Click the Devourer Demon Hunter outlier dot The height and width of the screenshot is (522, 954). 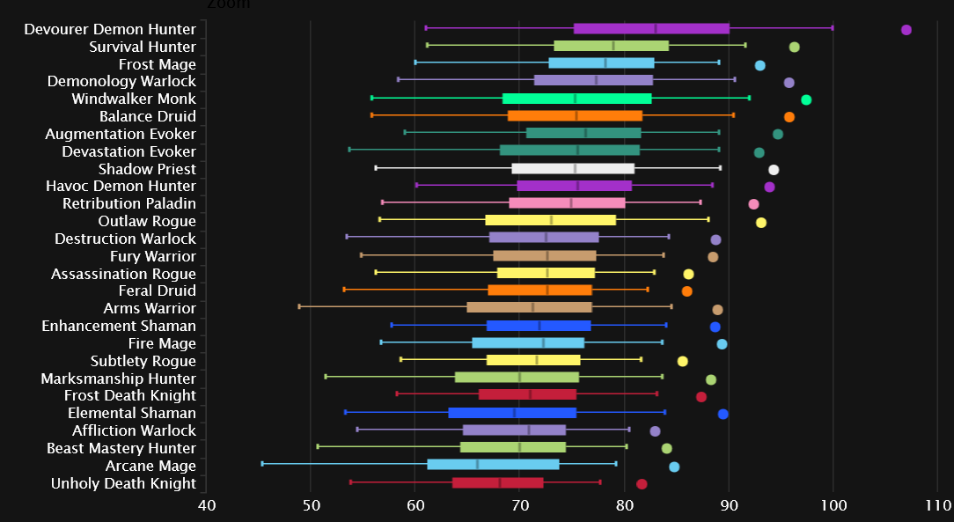[x=906, y=30]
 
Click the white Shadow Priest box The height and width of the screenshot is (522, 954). [x=573, y=168]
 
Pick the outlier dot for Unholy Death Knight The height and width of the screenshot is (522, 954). [x=642, y=484]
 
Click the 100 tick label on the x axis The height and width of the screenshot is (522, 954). [x=833, y=505]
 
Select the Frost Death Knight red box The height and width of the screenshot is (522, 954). [x=527, y=394]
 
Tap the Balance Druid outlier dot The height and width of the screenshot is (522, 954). [x=789, y=117]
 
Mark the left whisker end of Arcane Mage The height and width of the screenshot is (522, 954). [x=262, y=463]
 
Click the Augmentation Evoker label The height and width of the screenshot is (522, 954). [x=121, y=134]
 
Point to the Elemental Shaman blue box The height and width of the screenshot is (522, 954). [x=512, y=413]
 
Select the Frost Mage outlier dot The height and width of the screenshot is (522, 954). [x=760, y=65]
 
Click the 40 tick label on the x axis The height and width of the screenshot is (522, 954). [x=206, y=505]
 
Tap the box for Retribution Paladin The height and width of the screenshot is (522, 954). [x=567, y=203]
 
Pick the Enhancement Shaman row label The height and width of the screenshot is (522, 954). [x=119, y=326]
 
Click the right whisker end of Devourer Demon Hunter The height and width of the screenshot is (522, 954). [x=833, y=28]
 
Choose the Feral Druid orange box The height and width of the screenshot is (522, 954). [x=540, y=290]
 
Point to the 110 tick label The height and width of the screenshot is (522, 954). [x=938, y=505]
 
